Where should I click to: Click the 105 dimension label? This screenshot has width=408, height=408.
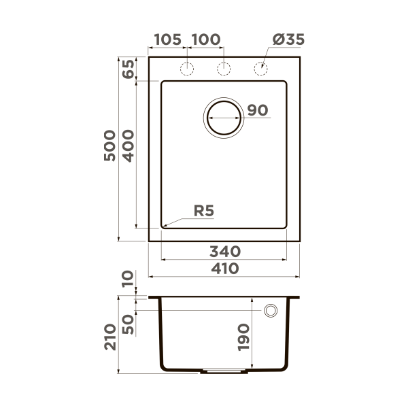point(167,39)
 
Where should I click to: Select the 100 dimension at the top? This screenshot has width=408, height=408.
point(205,39)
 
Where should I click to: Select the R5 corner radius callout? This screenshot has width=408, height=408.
point(204,211)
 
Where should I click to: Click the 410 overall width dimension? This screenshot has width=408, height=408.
point(224,269)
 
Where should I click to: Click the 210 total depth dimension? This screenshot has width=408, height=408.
point(109,336)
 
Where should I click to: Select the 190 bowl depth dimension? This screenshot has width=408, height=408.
point(245,336)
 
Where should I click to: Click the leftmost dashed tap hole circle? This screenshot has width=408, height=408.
point(186,68)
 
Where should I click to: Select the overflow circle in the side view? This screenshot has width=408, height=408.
point(271,311)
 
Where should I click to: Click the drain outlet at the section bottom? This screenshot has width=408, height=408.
point(224,372)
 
